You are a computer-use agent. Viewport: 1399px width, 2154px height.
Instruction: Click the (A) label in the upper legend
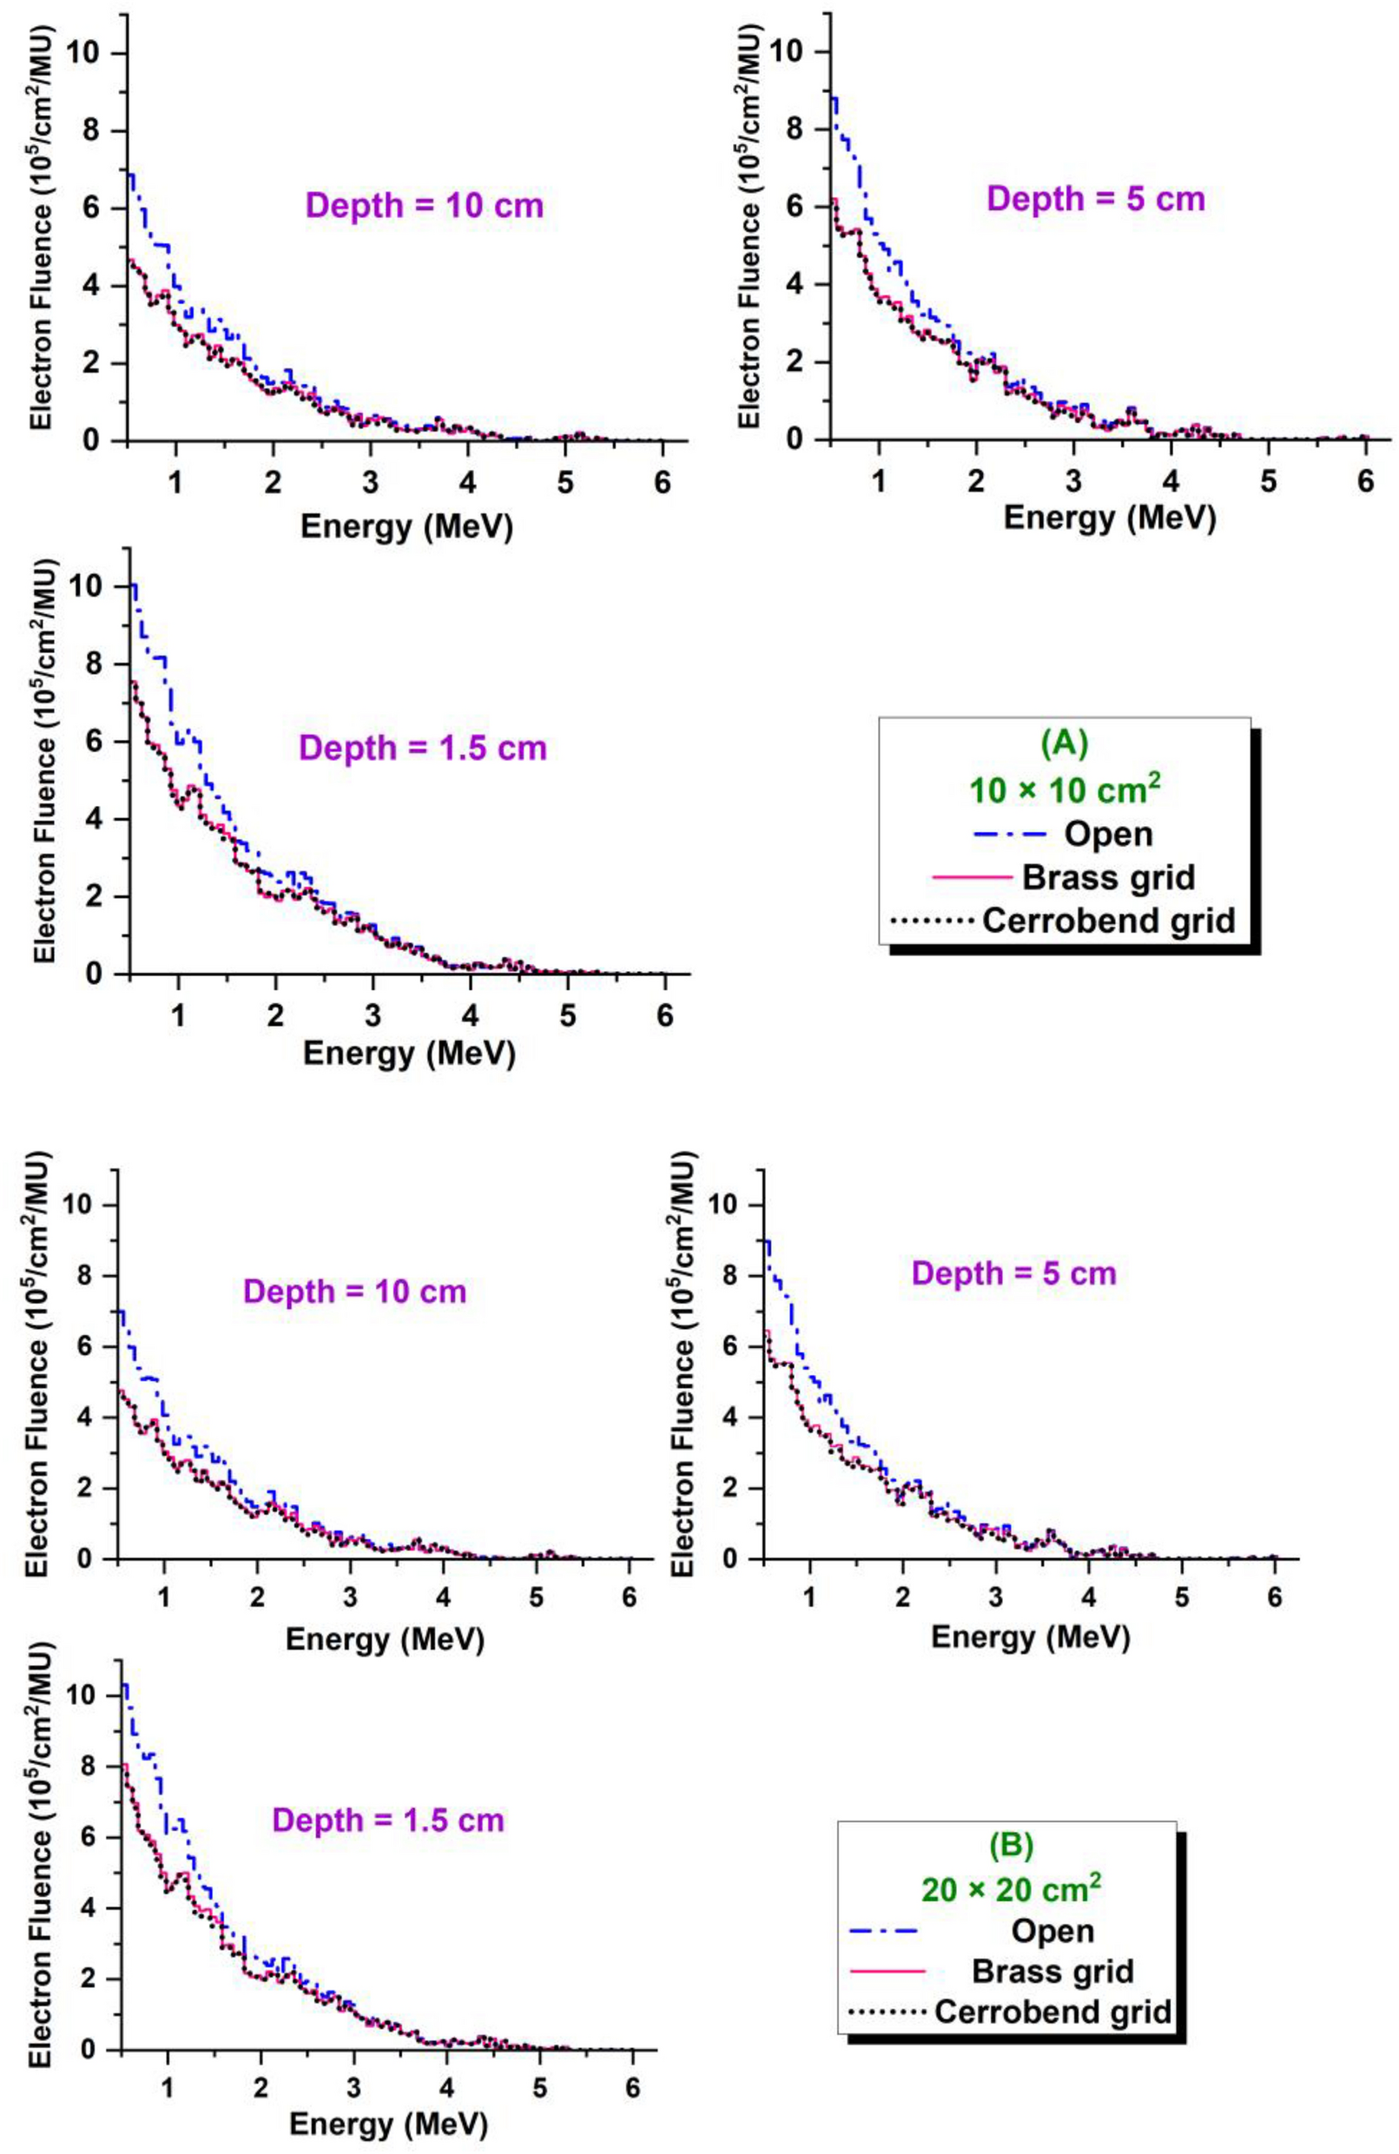pos(1064,744)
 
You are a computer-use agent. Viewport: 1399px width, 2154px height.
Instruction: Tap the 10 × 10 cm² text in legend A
pos(1064,790)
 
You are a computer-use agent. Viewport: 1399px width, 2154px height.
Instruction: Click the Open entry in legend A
pos(1107,833)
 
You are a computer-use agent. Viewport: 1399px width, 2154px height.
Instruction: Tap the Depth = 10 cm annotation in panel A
pos(425,206)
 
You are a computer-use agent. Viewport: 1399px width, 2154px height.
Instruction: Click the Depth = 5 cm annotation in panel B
pos(1013,1273)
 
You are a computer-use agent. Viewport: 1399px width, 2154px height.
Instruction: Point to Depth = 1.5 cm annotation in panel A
pos(423,749)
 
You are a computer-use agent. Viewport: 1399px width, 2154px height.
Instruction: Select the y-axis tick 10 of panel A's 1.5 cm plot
pos(100,586)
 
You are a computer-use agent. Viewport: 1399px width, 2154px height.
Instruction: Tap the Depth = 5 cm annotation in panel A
pos(1096,198)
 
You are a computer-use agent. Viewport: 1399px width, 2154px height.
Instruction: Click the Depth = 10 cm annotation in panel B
pos(354,1291)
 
